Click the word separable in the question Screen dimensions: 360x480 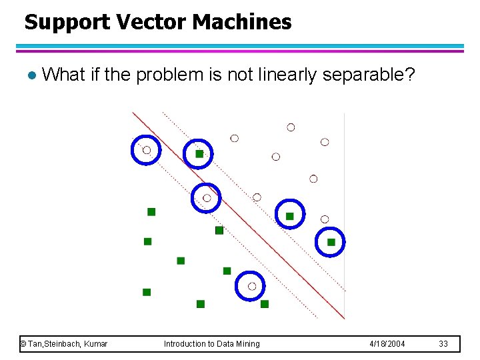coord(365,75)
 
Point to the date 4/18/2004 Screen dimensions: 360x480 coord(387,344)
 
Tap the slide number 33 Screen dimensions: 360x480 coord(443,344)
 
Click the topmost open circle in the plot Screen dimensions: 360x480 coord(291,127)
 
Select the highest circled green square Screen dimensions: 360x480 coord(199,153)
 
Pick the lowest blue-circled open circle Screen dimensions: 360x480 coord(251,286)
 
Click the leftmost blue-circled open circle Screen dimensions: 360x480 coord(146,150)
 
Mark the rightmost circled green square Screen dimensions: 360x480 coord(331,242)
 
